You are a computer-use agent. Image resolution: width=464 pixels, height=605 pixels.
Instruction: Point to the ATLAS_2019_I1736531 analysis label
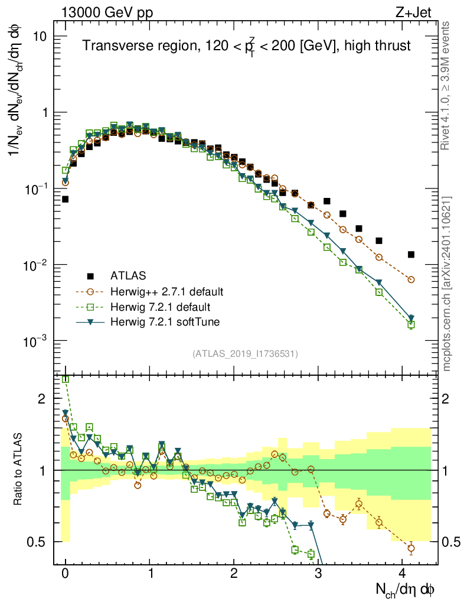click(245, 354)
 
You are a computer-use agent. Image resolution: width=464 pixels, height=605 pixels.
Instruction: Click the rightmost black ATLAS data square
click(411, 255)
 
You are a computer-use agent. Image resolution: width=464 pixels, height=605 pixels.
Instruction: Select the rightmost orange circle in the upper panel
click(411, 279)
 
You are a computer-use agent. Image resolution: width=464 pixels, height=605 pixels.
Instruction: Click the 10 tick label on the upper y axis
click(39, 37)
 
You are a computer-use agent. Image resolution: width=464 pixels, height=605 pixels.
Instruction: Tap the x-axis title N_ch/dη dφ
click(406, 590)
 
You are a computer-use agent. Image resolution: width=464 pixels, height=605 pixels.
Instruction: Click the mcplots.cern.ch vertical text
click(447, 284)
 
